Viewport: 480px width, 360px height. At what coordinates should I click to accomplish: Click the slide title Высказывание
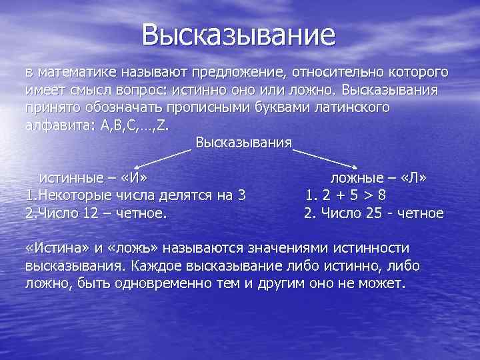[239, 35]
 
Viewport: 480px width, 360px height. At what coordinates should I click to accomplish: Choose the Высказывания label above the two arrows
[243, 142]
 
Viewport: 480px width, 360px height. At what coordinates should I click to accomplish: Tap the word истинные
[71, 178]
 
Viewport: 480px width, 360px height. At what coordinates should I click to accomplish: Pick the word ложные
[357, 178]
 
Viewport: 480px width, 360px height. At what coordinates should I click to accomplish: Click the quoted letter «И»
[131, 178]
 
